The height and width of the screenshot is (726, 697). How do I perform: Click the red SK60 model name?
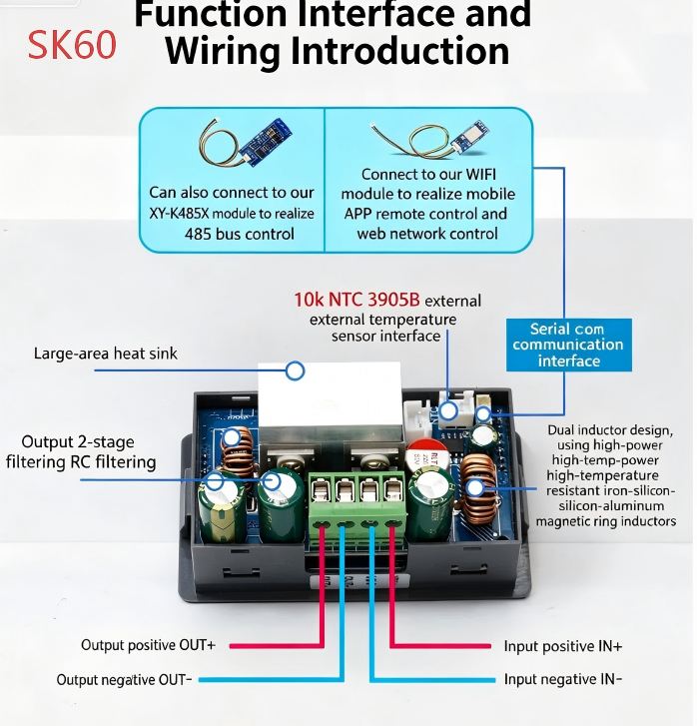(x=72, y=45)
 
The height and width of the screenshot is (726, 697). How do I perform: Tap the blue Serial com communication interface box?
(x=569, y=345)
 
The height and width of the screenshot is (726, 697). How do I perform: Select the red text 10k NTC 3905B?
(x=356, y=300)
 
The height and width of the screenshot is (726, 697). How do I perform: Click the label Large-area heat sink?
(x=106, y=354)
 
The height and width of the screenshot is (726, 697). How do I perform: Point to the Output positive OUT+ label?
(x=148, y=645)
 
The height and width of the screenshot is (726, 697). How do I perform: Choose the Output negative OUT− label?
(x=124, y=680)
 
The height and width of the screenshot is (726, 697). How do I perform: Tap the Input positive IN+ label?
(x=563, y=646)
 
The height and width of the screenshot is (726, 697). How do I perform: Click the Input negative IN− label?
(x=563, y=679)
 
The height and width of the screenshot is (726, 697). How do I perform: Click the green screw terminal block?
(x=357, y=501)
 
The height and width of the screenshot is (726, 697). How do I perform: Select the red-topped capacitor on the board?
(x=426, y=454)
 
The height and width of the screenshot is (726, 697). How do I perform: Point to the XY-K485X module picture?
(x=246, y=142)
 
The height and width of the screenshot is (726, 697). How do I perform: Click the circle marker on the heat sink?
(x=295, y=370)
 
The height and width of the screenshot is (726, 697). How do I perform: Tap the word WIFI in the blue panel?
(x=480, y=175)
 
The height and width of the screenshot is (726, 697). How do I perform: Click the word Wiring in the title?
(x=223, y=51)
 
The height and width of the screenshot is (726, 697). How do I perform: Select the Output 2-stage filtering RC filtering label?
(x=81, y=452)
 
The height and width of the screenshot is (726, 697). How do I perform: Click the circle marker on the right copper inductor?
(x=474, y=487)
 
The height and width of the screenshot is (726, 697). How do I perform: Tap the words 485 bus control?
(x=240, y=234)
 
